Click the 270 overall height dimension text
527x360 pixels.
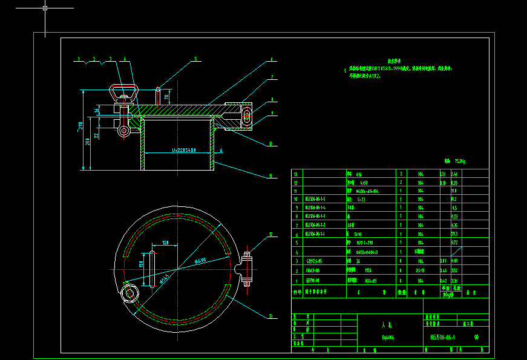coord(78,126)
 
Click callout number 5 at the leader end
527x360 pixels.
coord(195,59)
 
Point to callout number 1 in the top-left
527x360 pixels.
coord(79,59)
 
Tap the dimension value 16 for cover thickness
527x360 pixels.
coord(97,110)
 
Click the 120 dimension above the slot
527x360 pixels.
coord(165,243)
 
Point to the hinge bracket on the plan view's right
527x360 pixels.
coord(246,266)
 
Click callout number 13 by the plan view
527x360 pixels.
coord(271,315)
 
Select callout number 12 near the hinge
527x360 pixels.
coord(271,234)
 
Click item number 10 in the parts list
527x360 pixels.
coord(296,198)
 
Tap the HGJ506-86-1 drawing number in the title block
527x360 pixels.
coord(442,338)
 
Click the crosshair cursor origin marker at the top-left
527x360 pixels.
coord(45,8)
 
